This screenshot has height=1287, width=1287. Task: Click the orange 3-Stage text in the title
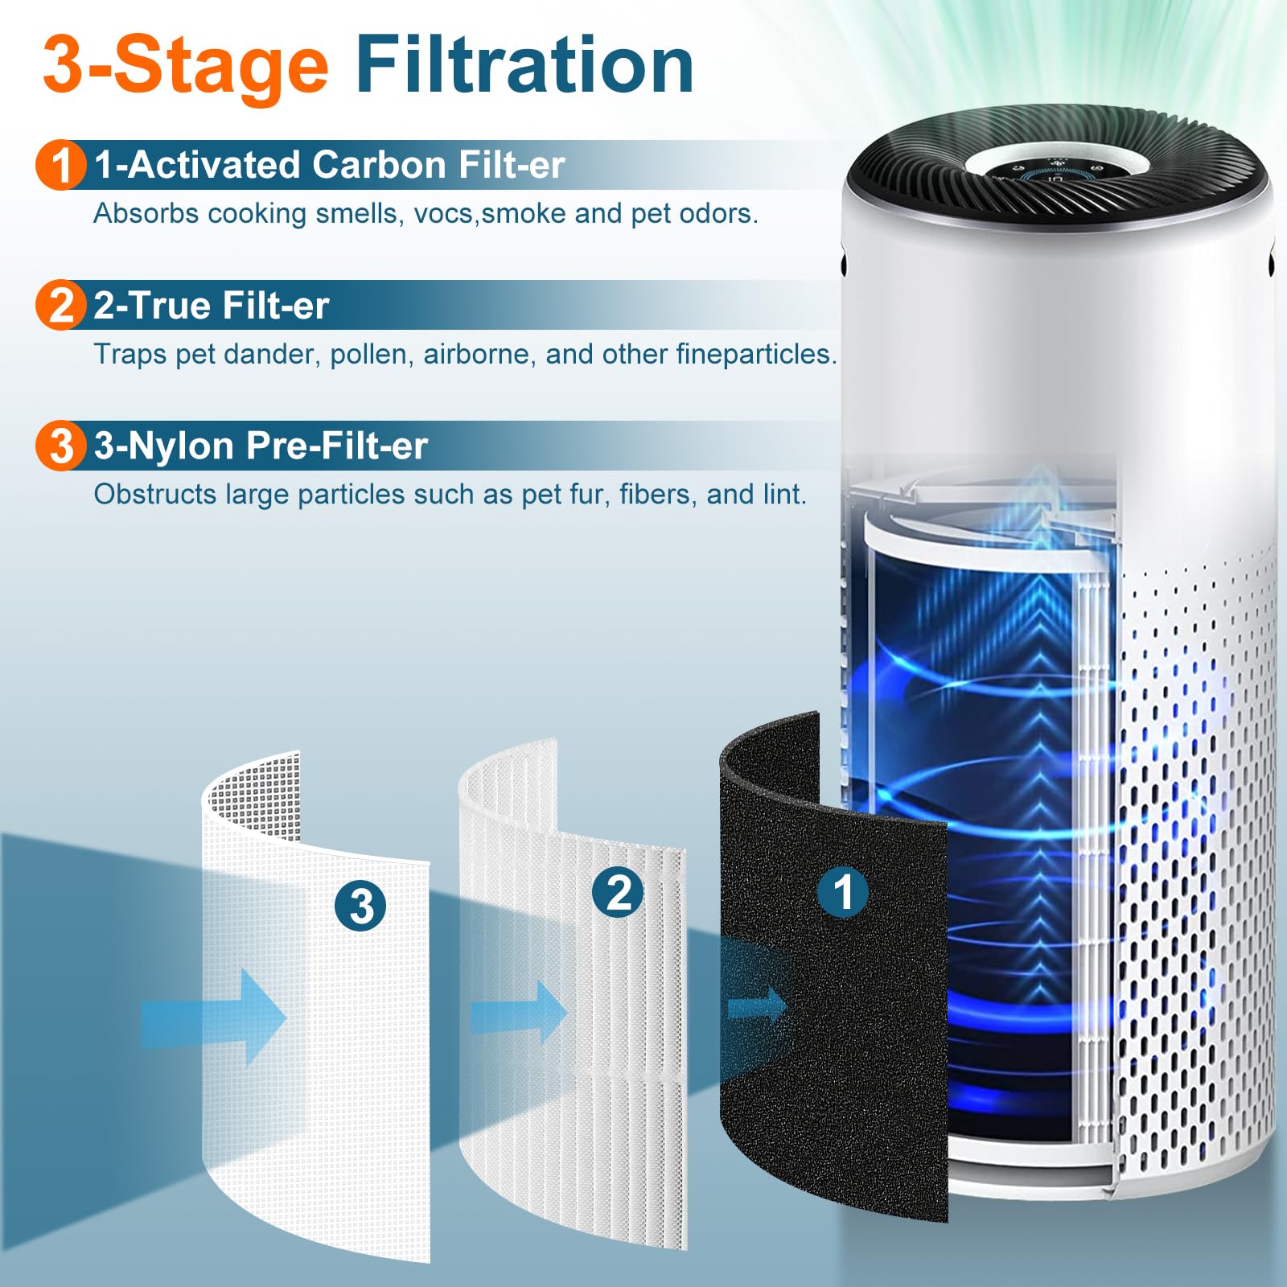point(185,66)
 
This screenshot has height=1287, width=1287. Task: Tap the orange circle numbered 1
point(60,166)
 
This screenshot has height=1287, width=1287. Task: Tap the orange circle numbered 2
point(60,306)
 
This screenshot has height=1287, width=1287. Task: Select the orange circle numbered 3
point(60,446)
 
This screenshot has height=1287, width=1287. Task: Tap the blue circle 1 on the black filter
point(842,892)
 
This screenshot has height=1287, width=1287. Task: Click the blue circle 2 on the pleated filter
point(617,892)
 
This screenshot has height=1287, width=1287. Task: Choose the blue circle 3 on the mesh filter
point(360,906)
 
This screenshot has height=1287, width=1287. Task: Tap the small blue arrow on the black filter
point(757,1005)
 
